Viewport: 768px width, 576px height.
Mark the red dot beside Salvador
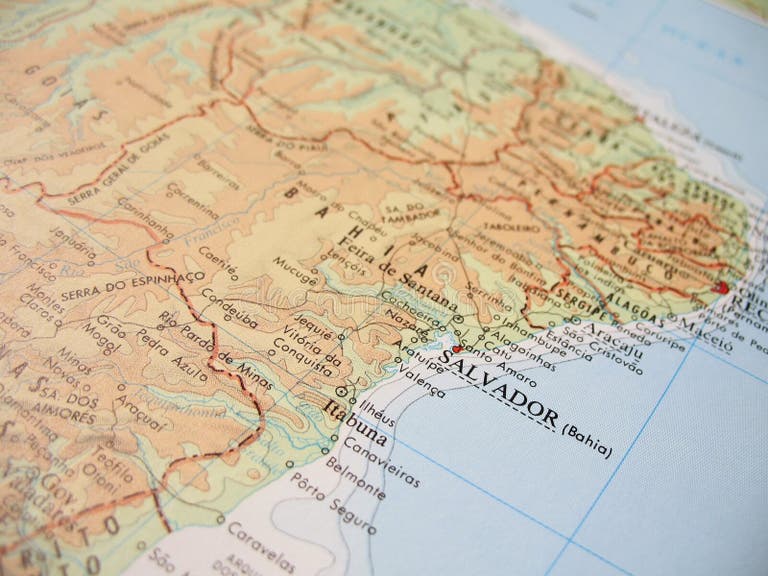pyautogui.click(x=456, y=349)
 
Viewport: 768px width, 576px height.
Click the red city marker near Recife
pyautogui.click(x=723, y=288)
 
